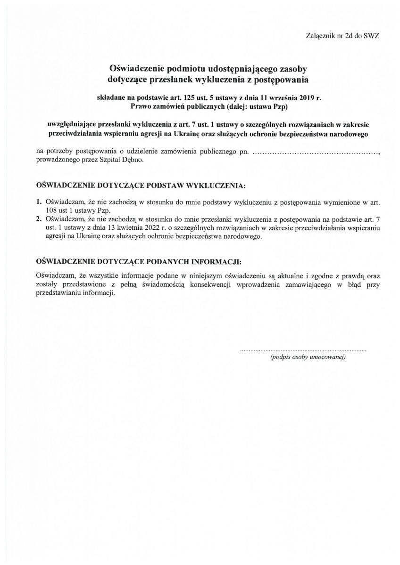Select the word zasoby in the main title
292,69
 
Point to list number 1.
39,202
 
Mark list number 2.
39,219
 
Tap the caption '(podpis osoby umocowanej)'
308,358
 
